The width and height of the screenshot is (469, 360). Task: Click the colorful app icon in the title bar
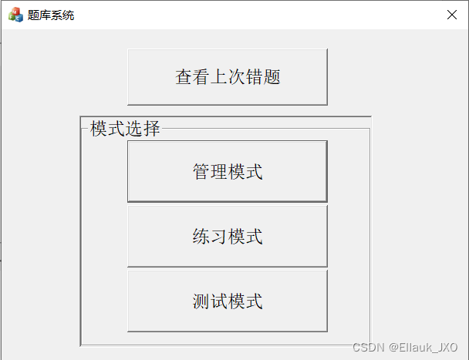[15, 14]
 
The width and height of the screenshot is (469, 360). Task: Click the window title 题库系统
[51, 15]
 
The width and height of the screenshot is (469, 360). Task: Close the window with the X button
[452, 14]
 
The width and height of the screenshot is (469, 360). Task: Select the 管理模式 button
[227, 171]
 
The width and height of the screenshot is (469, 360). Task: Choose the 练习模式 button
[227, 236]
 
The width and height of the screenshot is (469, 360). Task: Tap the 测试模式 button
[227, 301]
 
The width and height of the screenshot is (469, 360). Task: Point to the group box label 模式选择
[125, 129]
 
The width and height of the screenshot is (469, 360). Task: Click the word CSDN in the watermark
[368, 348]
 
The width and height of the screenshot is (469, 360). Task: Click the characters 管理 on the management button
[210, 171]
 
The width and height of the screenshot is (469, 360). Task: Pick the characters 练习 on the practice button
[210, 236]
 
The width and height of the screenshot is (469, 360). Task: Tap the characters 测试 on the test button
[210, 301]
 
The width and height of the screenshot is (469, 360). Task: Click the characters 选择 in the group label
[143, 129]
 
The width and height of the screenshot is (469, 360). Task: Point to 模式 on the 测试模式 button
[245, 301]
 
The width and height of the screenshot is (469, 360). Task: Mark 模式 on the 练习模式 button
[245, 236]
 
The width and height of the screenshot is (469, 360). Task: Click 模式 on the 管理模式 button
[245, 171]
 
